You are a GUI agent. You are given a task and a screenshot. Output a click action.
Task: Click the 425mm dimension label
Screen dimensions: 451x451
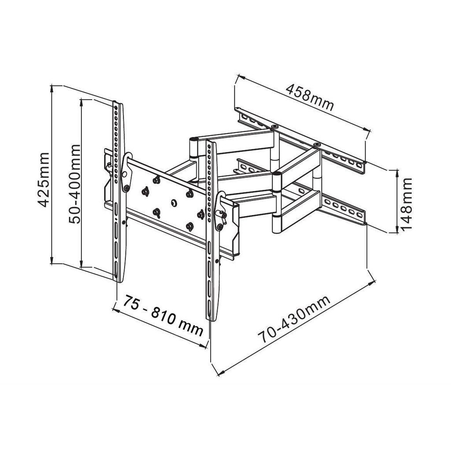coord(43,179)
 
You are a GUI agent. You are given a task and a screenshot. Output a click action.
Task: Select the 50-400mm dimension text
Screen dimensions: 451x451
coord(75,184)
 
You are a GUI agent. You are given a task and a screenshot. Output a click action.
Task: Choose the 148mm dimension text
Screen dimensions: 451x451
coord(406,203)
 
